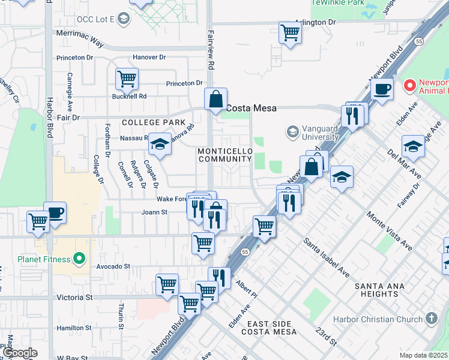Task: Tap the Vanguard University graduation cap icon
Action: coord(292,131)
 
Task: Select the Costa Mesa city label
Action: coord(252,108)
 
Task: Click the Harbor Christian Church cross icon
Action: coord(430,319)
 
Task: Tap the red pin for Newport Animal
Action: coord(411,86)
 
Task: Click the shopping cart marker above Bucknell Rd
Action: coord(127,78)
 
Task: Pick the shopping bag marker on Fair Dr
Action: coord(215,99)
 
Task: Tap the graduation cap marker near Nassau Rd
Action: coord(160,143)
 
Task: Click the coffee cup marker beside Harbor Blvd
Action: coord(55,212)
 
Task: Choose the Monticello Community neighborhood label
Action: coord(224,155)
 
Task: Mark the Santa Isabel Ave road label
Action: coord(327,257)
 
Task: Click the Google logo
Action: coord(20,353)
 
